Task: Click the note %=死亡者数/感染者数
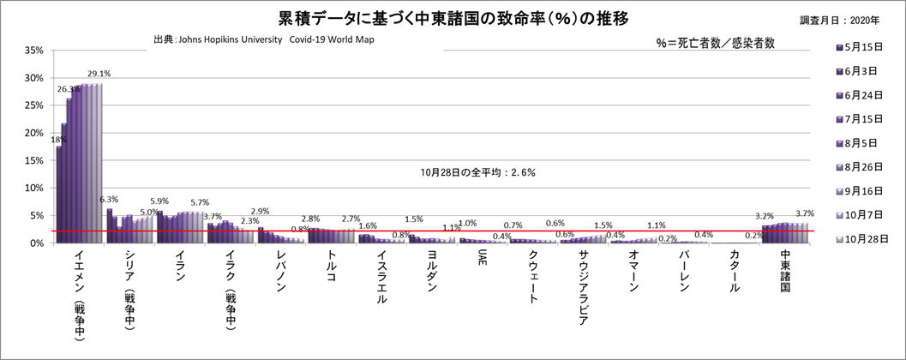[x=714, y=45]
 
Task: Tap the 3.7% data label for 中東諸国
[x=804, y=213]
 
